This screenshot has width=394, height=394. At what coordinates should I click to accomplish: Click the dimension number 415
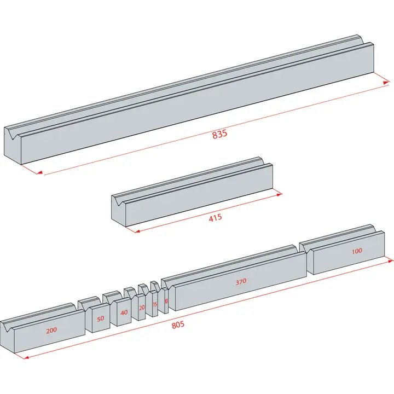[216, 218]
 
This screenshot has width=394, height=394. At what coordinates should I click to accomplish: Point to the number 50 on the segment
[101, 318]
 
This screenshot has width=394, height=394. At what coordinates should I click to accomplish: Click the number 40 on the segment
[124, 312]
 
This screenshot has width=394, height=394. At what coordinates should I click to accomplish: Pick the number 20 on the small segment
[142, 308]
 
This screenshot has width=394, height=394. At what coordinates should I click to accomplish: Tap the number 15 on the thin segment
[155, 304]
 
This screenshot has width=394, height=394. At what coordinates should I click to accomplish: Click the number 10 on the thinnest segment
[166, 302]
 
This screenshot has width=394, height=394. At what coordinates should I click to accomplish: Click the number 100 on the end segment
[357, 251]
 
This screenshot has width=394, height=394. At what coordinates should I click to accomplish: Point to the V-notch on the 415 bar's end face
[117, 199]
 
